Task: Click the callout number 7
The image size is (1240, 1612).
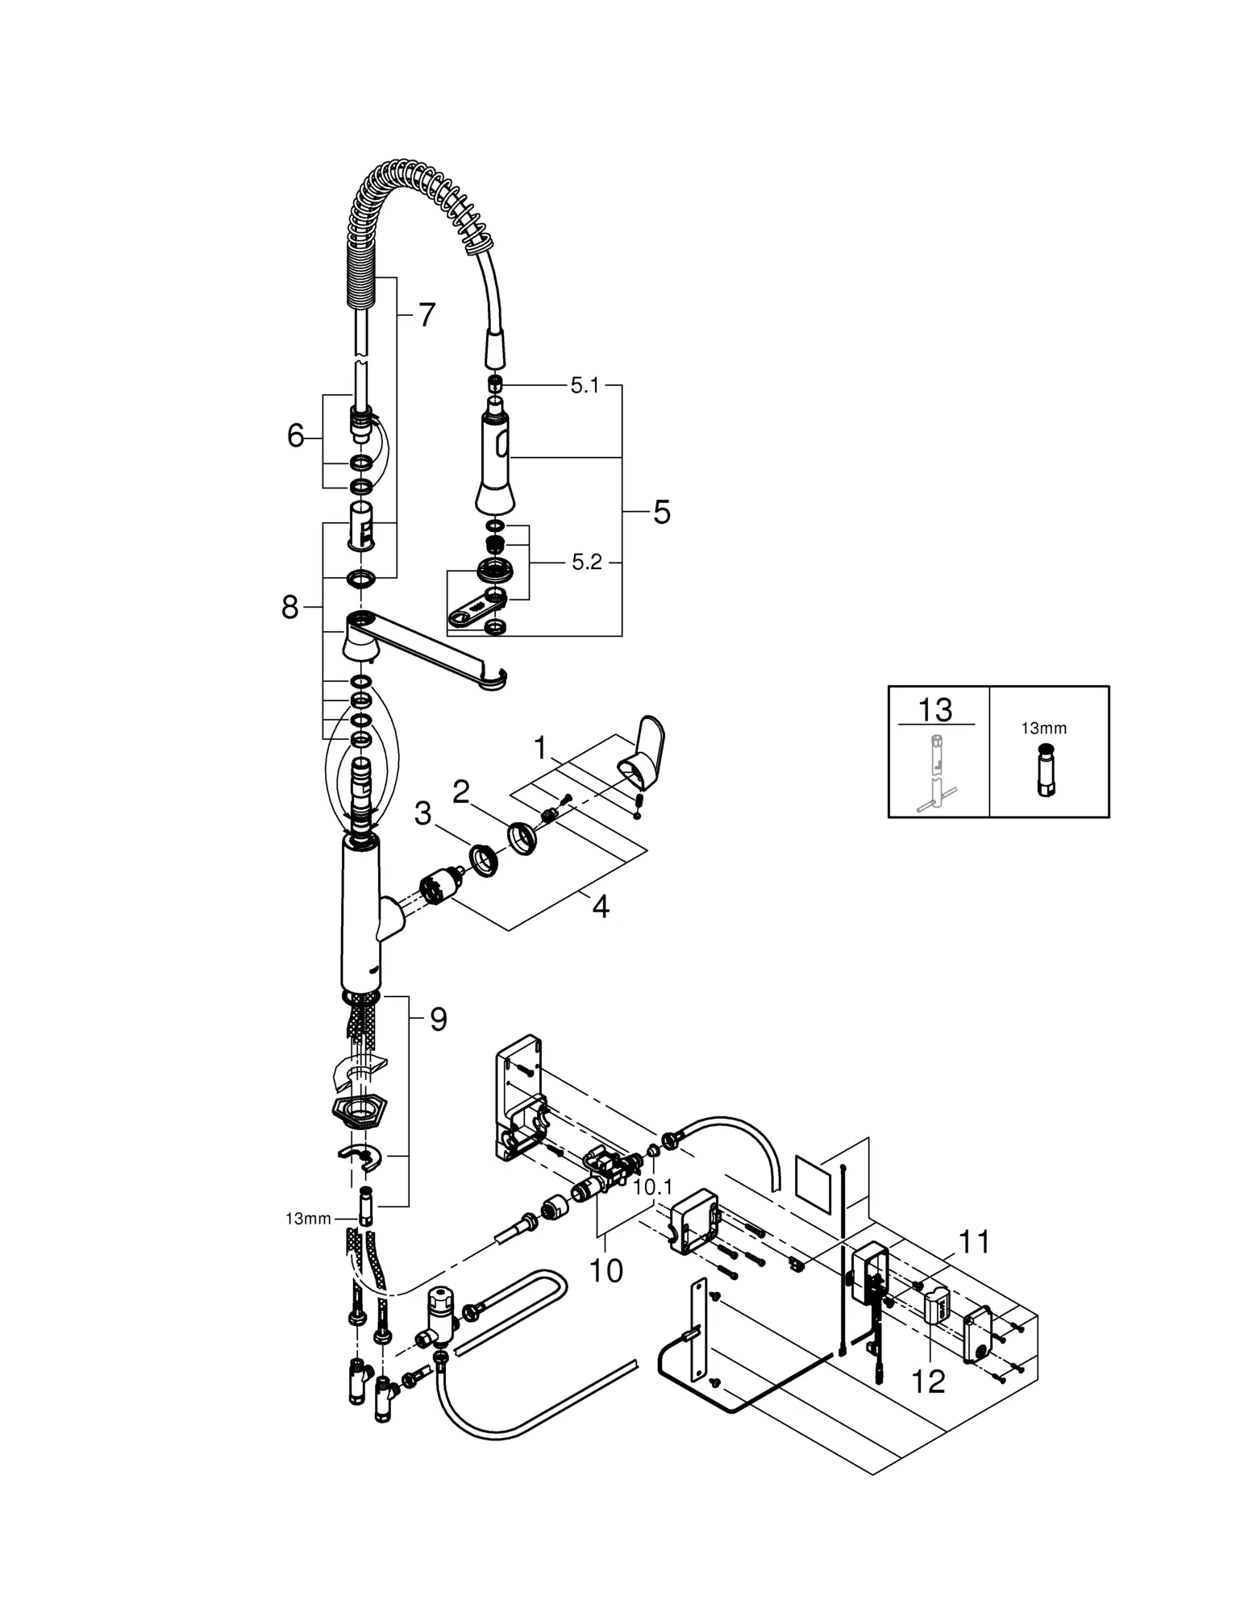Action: tap(427, 315)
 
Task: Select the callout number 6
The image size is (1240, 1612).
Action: tap(296, 437)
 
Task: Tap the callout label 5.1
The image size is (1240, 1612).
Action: tap(585, 386)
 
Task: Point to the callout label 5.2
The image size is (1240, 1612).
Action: tap(587, 562)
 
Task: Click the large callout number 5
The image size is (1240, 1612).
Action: tap(662, 512)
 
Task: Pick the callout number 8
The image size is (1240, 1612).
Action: tap(290, 608)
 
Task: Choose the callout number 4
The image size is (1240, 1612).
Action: tap(601, 907)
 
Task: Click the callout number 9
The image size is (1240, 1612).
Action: tap(438, 1020)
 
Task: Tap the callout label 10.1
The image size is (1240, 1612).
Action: tap(652, 1187)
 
